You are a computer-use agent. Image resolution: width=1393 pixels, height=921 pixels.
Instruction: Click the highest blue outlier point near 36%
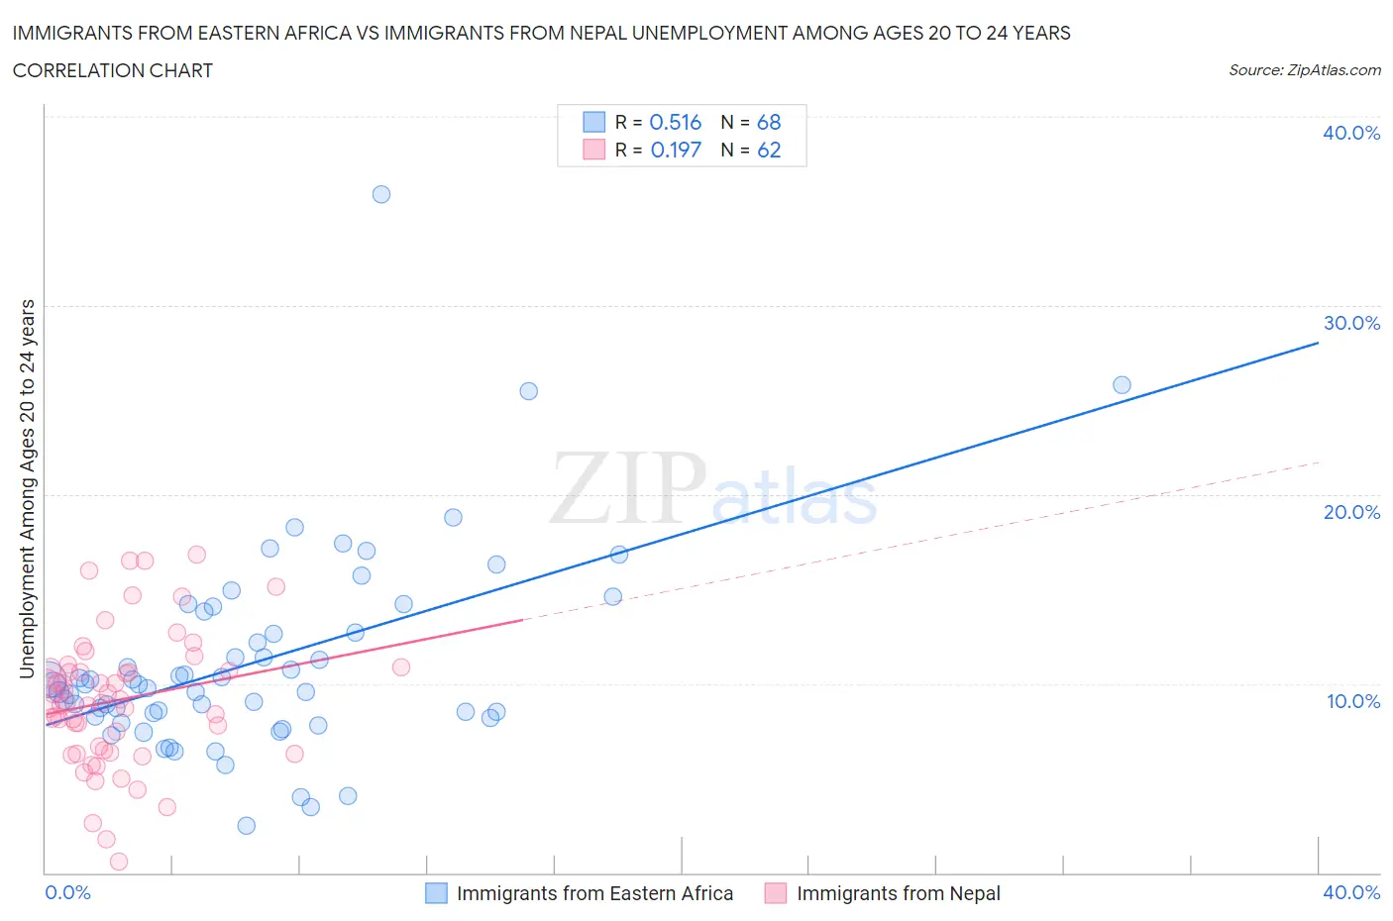click(x=381, y=194)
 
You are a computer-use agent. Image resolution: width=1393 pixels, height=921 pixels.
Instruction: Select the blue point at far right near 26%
click(x=1122, y=385)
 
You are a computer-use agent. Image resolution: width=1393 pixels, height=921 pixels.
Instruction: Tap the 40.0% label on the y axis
click(x=1351, y=133)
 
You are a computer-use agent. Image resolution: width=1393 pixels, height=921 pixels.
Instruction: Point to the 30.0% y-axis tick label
click(x=1351, y=323)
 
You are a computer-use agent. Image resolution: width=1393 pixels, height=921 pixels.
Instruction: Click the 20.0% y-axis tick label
click(x=1351, y=512)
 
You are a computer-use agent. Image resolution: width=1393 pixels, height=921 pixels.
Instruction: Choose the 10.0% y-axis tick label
click(x=1353, y=701)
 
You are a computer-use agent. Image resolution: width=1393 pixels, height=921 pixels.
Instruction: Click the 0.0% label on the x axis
click(x=67, y=892)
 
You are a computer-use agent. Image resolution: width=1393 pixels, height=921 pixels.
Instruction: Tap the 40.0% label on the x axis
click(x=1351, y=892)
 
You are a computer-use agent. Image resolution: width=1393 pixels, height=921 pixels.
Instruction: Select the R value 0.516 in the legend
click(x=676, y=122)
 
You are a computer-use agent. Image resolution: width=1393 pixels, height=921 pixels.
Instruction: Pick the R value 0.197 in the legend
click(x=676, y=150)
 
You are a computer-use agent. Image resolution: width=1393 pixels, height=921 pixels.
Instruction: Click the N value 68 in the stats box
click(x=769, y=122)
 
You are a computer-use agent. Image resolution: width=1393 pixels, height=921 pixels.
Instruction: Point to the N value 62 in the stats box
click(x=769, y=150)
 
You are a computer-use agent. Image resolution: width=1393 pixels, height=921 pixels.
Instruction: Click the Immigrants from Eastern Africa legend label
click(x=594, y=893)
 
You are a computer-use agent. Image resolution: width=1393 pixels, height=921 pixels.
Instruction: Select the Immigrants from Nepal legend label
click(x=899, y=893)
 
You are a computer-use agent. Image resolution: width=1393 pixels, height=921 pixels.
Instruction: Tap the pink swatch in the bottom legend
click(x=776, y=893)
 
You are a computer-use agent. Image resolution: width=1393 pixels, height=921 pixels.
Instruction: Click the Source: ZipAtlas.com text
click(x=1304, y=69)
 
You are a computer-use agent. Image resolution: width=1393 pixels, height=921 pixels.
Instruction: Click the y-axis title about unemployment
click(x=27, y=488)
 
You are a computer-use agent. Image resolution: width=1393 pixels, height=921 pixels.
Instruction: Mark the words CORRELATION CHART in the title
click(x=113, y=70)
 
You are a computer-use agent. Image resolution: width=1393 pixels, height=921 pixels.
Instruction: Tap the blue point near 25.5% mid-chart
click(x=529, y=391)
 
